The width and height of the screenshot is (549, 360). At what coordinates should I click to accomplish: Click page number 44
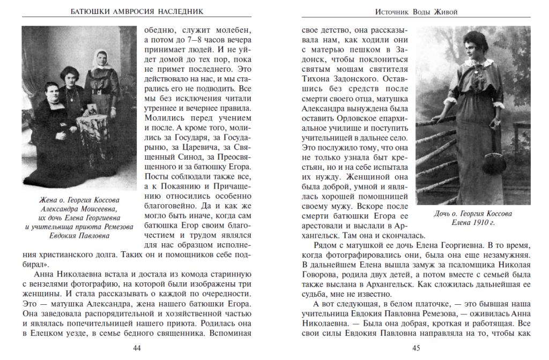point(137,348)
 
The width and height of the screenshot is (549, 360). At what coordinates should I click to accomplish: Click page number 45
point(416,348)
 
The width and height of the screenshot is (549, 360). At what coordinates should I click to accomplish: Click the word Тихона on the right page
point(317,79)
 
